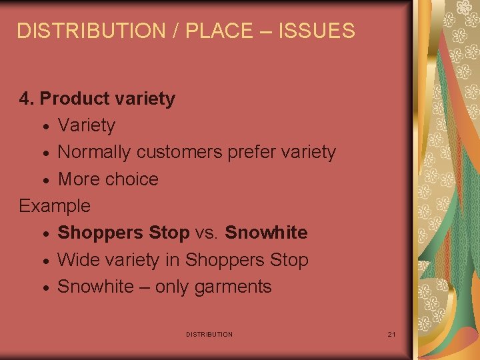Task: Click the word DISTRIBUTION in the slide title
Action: tap(81, 31)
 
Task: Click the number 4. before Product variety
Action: tap(27, 99)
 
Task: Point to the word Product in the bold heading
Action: tap(75, 99)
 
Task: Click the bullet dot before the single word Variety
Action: tap(44, 127)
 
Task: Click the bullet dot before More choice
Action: tap(44, 181)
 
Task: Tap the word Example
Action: tap(55, 206)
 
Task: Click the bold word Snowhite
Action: tap(266, 233)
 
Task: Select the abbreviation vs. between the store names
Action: tap(207, 233)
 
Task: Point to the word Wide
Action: tap(77, 260)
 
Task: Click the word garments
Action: tap(233, 287)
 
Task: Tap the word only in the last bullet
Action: tap(174, 287)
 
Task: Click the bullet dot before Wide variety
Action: tap(44, 261)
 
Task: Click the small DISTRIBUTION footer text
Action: tap(209, 334)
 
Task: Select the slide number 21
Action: tap(391, 334)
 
